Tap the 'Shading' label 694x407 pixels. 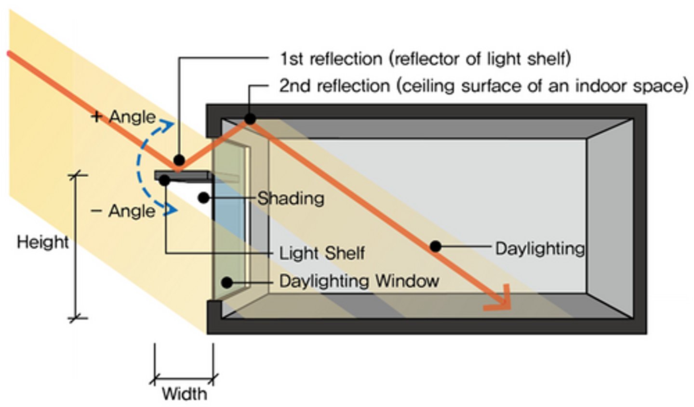(291, 198)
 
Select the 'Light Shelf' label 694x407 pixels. (322, 253)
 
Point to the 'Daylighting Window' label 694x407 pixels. (359, 281)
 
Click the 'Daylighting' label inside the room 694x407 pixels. (540, 248)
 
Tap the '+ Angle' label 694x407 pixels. (123, 117)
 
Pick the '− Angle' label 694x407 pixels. (123, 211)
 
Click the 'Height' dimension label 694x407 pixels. (42, 241)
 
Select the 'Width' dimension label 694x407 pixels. (184, 393)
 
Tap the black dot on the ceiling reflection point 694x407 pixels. (250, 119)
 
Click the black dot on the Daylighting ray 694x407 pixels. (435, 246)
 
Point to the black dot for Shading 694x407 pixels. (203, 197)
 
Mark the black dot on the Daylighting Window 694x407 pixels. (227, 282)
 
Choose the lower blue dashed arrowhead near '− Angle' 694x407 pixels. (170, 210)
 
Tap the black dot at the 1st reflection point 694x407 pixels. (179, 160)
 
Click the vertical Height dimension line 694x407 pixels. (76, 246)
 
